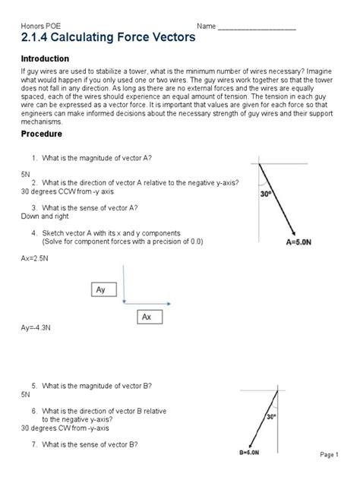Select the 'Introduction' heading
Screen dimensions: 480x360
click(x=45, y=58)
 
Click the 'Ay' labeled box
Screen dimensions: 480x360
click(x=102, y=290)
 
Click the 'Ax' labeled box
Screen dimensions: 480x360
click(x=147, y=317)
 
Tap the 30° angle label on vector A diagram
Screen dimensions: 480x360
click(x=267, y=194)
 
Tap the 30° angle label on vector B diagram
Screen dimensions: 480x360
click(x=270, y=416)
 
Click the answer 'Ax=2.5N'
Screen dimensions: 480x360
click(x=34, y=258)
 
